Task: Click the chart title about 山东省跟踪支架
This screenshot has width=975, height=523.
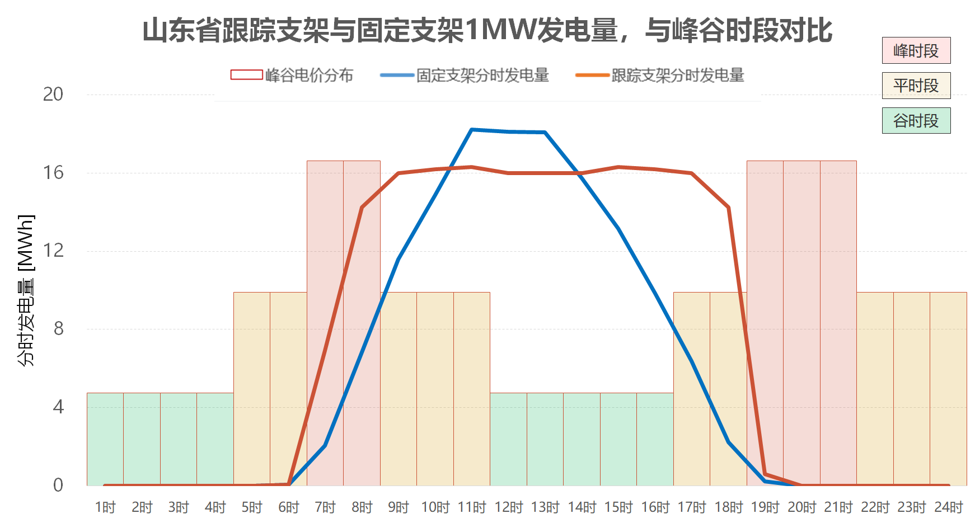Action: coord(487,30)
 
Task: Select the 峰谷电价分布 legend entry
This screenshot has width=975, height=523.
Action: coord(292,75)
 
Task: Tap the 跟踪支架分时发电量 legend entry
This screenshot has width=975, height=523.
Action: coord(660,75)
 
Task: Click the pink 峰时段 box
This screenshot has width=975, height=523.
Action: coord(916,51)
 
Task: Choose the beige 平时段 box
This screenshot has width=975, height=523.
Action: coord(916,86)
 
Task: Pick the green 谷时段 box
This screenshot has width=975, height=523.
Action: coord(916,120)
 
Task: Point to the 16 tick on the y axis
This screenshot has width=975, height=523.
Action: coord(53,173)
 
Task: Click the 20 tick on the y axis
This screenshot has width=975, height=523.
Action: coord(53,95)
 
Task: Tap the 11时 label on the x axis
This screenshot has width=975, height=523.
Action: coord(472,507)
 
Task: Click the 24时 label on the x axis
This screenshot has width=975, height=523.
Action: coord(948,507)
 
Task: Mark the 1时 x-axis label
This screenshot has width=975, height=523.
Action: coord(105,507)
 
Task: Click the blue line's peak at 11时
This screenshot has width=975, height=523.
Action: coord(472,130)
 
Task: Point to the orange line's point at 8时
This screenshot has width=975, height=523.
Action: coord(362,208)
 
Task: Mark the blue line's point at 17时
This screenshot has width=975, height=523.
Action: coord(692,361)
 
